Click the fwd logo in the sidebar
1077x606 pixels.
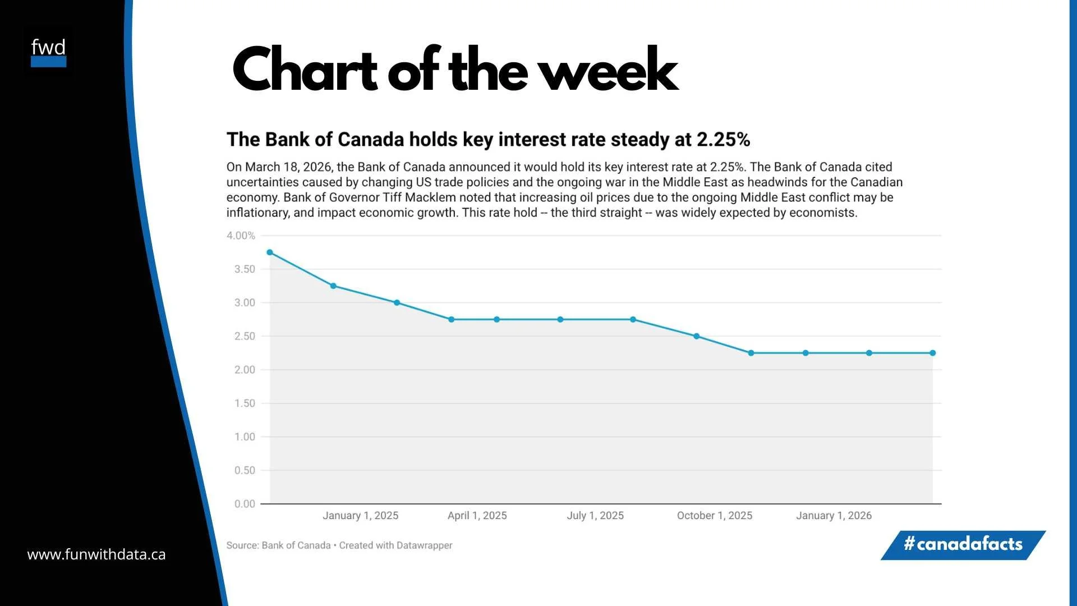(x=48, y=52)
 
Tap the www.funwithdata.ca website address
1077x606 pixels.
(x=96, y=554)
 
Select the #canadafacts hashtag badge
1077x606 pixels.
(x=963, y=544)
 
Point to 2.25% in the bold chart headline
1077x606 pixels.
(x=723, y=140)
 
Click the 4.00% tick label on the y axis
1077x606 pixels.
(x=241, y=236)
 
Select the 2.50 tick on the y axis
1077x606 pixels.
(x=245, y=336)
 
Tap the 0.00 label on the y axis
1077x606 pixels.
(x=245, y=504)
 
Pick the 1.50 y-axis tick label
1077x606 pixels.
(x=245, y=403)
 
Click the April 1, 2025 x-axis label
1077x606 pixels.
(x=477, y=516)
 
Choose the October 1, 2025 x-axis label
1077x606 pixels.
(x=714, y=516)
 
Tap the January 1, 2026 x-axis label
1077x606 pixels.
(x=834, y=516)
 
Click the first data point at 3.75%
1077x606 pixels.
(x=270, y=252)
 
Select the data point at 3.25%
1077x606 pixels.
(x=333, y=286)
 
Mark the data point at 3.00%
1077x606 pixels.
(x=397, y=303)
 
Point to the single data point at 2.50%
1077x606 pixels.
(x=696, y=337)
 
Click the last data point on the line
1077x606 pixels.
(x=932, y=353)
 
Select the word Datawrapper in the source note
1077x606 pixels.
(x=424, y=545)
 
